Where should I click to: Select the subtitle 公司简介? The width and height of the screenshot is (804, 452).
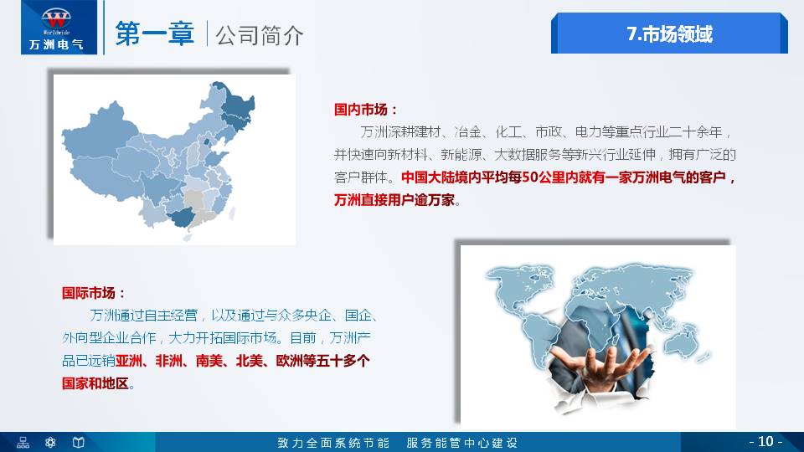point(260,35)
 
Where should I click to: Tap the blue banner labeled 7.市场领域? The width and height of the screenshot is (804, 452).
point(669,33)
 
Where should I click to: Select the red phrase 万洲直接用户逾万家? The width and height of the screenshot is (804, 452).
point(396,200)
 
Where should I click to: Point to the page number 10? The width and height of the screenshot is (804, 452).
point(765,441)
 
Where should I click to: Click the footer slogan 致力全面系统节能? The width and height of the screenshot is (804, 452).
point(333,442)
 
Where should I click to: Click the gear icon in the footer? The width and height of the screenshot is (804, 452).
point(51,442)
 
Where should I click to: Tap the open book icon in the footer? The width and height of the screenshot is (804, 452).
point(78,442)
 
